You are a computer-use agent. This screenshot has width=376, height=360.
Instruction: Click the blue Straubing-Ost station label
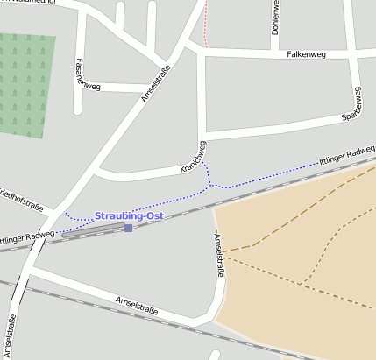point(129,215)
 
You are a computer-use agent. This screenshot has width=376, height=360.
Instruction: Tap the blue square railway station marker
point(128,228)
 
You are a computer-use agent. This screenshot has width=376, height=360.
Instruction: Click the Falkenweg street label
point(306,54)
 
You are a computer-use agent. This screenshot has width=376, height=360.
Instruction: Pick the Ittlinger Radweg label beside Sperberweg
point(347,156)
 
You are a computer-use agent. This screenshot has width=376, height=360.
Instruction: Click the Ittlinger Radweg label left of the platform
point(27,236)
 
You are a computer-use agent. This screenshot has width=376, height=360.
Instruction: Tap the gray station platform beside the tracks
point(92,230)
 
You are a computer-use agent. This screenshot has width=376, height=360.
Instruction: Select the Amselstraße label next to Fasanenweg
point(153,87)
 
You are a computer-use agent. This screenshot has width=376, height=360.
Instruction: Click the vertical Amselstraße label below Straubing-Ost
point(217,255)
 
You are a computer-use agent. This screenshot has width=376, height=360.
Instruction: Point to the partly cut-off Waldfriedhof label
point(35,3)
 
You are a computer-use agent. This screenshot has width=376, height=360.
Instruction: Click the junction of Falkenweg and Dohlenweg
point(275,53)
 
